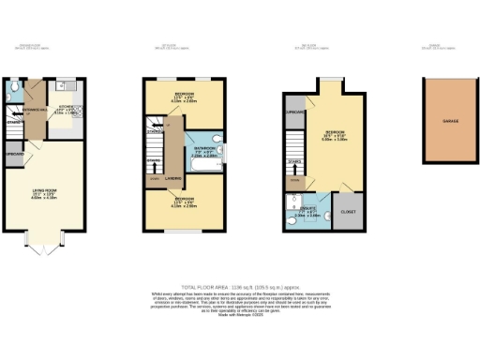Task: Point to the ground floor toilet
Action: coord(10,93)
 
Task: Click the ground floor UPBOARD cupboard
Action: coord(14,155)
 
